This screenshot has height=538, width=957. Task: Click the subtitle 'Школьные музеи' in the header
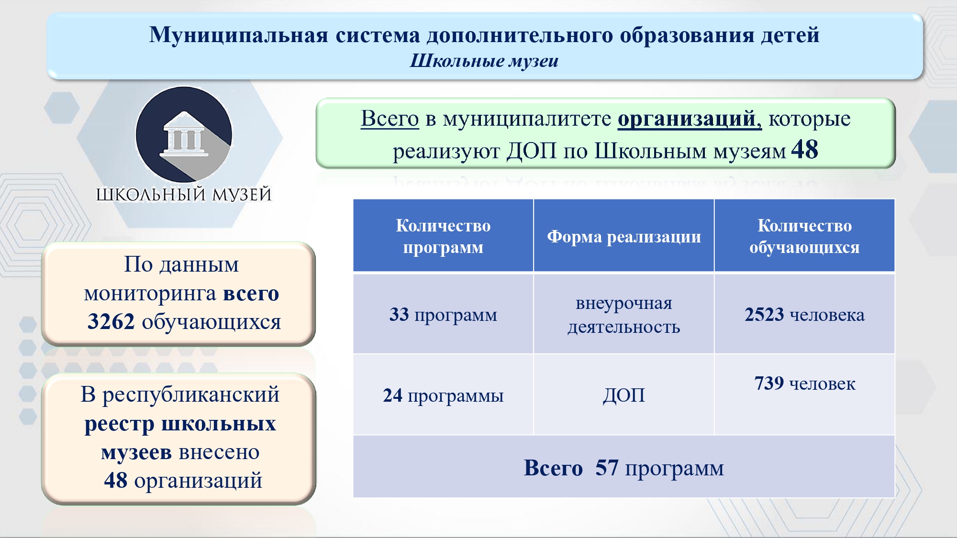484,61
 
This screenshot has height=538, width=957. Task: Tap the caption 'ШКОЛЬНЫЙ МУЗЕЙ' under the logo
184,195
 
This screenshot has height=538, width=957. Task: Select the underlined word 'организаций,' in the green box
690,119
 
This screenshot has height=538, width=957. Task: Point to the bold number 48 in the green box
805,150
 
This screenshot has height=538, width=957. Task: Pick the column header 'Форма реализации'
624,236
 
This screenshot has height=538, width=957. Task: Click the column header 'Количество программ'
443,236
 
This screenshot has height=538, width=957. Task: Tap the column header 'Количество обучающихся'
804,236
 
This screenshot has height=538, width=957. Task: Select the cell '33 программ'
443,315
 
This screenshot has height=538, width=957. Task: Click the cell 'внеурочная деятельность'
624,315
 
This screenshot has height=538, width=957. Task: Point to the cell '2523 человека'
804,315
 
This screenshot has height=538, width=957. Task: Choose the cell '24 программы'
443,395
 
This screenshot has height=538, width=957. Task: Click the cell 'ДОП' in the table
624,395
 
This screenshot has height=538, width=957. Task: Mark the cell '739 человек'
804,384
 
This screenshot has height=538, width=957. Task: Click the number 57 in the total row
607,468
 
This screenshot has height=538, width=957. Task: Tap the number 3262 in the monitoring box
111,321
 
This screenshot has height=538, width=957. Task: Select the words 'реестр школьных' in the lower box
180,424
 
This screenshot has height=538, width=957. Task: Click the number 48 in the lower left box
116,480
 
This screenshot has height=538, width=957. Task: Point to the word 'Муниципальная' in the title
238,35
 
